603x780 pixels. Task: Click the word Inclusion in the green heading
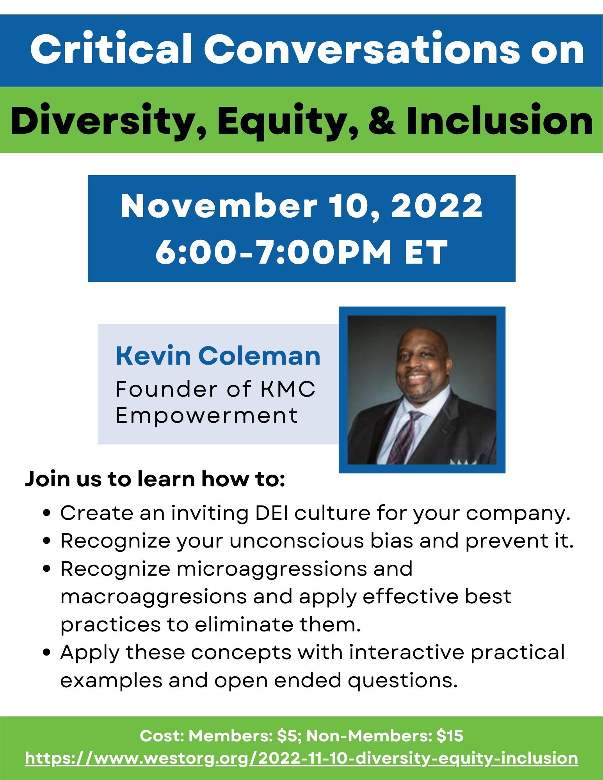click(x=500, y=119)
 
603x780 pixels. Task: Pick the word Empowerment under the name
click(x=207, y=415)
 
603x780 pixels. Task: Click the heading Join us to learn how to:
click(x=155, y=479)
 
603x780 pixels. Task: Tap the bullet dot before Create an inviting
click(x=48, y=514)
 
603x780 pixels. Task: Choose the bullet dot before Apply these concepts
click(x=48, y=653)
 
